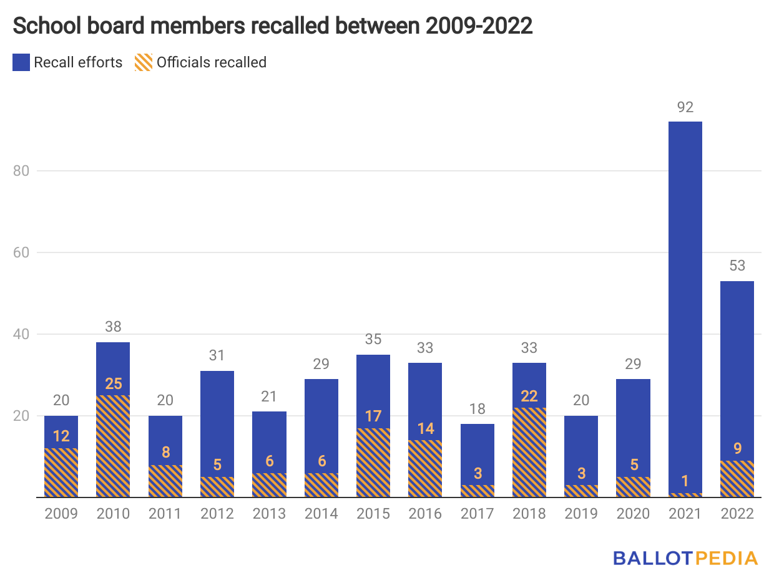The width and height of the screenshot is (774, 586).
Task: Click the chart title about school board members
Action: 272,26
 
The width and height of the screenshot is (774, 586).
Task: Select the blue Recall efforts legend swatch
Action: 21,62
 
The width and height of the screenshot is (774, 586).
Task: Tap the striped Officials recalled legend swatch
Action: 143,62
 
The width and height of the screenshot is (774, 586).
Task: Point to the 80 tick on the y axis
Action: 22,171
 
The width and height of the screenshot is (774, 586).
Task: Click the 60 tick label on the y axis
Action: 22,252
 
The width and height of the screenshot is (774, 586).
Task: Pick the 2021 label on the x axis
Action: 685,514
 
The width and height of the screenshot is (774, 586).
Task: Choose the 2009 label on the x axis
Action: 61,514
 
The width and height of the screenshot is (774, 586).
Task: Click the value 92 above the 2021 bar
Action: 685,108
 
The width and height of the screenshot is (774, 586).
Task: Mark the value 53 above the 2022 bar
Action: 737,266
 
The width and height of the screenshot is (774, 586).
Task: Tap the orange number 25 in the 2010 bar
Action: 113,383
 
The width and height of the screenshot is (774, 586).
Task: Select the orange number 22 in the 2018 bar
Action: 529,396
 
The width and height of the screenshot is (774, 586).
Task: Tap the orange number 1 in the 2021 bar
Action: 685,481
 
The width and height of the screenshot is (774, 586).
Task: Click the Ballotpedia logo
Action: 685,558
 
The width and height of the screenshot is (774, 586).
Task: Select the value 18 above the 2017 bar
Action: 477,409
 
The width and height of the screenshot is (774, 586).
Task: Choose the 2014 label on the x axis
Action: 321,514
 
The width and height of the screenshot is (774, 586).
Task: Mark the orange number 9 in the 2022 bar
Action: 737,465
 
